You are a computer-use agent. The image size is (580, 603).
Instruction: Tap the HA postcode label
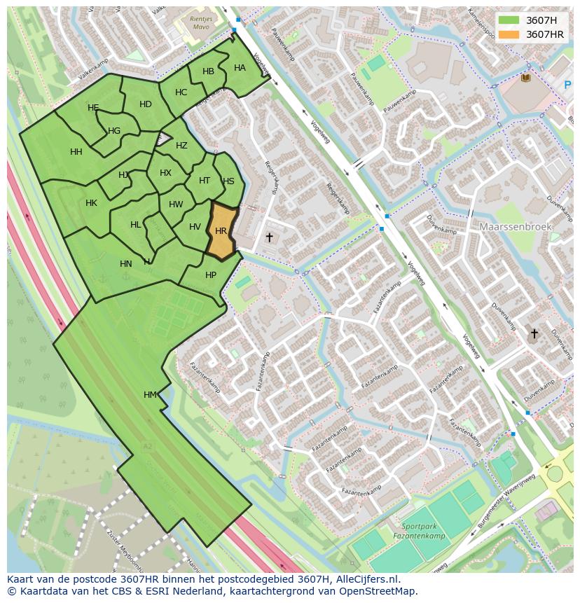pos(240,68)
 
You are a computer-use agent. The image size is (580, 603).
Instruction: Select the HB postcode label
pos(208,71)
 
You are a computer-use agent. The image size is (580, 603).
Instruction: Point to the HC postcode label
pos(181,92)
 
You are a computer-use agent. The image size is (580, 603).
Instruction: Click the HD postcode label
pos(145,104)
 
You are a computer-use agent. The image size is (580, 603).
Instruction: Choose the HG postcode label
pos(114,131)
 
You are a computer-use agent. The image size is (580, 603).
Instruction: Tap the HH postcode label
pos(76,152)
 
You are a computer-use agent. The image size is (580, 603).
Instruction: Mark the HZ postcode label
pos(181,146)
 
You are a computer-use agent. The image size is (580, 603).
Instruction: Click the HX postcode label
pos(165,173)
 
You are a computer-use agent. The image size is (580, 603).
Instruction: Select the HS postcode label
pos(228,181)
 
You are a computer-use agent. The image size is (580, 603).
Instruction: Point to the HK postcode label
pos(91,203)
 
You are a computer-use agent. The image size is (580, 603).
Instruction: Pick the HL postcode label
pos(136,225)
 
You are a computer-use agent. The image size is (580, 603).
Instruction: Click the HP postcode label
pos(211,275)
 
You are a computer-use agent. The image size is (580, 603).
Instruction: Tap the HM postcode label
pos(150,395)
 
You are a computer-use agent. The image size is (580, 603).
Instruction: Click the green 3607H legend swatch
pos(509,20)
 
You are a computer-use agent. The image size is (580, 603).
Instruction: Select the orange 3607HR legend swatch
pos(509,34)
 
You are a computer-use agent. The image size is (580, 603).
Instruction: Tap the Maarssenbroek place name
pos(516,227)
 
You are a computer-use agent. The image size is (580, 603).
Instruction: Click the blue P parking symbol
pos(567,85)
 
